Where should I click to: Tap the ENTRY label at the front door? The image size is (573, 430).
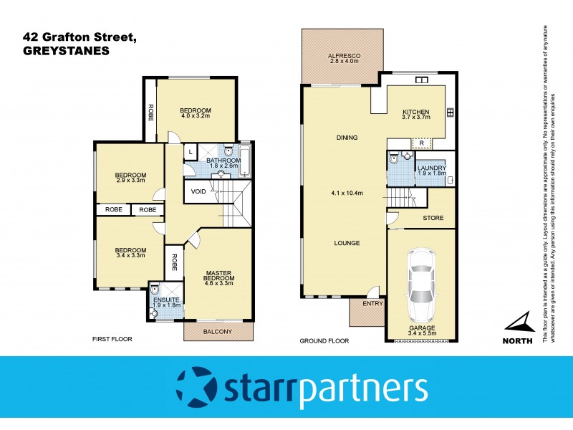pyautogui.click(x=372, y=303)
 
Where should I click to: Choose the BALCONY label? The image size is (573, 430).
pyautogui.click(x=218, y=331)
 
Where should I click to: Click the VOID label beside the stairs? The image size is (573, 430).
pyautogui.click(x=199, y=191)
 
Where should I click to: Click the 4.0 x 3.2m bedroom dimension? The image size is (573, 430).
pyautogui.click(x=196, y=116)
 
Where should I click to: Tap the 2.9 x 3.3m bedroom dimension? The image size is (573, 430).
pyautogui.click(x=131, y=181)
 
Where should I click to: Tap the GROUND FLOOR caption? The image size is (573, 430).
pyautogui.click(x=324, y=341)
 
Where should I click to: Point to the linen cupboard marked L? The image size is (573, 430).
pyautogui.click(x=191, y=152)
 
